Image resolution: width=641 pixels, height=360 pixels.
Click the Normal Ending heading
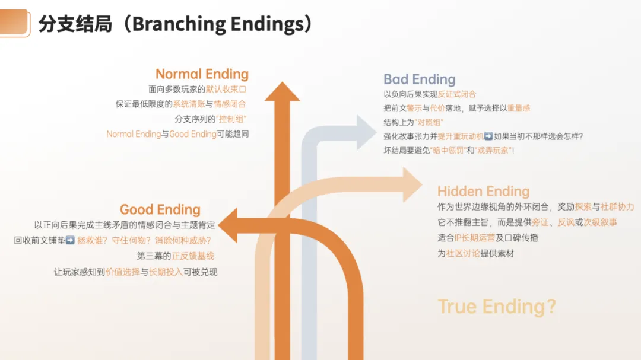coord(202,74)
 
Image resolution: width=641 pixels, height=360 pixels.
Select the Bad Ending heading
coord(419,79)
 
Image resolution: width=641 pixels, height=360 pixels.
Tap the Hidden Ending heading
coord(483,192)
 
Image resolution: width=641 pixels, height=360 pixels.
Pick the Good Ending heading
coord(160,209)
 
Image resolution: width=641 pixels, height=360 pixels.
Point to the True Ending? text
coord(497,307)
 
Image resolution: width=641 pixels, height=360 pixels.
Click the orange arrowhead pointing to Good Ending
coord(228,225)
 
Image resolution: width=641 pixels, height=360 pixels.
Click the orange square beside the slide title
coord(15,23)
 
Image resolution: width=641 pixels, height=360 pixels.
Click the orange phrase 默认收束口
coord(226,90)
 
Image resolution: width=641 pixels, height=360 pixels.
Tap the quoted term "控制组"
coord(232,119)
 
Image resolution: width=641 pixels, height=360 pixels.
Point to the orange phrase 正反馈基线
coord(193,256)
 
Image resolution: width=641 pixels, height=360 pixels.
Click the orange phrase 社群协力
coord(617,207)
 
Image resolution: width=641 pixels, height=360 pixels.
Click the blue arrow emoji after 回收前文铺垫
coord(70,241)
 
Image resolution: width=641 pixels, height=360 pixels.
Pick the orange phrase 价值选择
coord(122,272)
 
